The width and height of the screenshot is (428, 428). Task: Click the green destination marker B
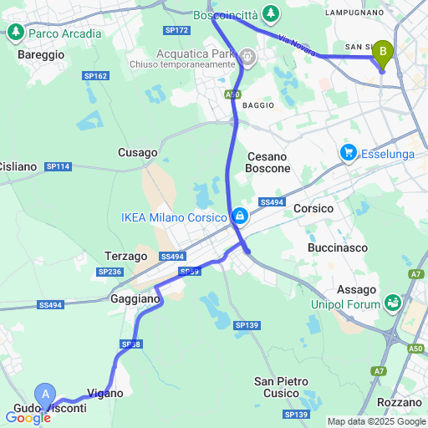pyautogui.click(x=383, y=53)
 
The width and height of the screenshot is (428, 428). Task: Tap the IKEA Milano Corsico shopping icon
pyautogui.click(x=240, y=217)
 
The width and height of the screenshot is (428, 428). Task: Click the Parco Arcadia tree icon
pyautogui.click(x=15, y=33)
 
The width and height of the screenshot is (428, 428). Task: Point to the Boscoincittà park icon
pyautogui.click(x=270, y=13)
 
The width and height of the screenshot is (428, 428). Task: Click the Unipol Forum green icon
pyautogui.click(x=391, y=303)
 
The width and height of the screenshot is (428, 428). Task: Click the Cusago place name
pyautogui.click(x=137, y=152)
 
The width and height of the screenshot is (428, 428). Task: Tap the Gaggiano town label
pyautogui.click(x=135, y=298)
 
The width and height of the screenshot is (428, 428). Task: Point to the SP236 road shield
pyautogui.click(x=110, y=272)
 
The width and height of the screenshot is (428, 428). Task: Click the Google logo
pyautogui.click(x=27, y=418)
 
